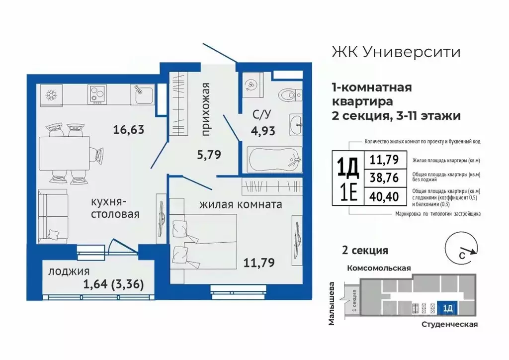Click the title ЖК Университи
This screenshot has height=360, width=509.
[395, 52]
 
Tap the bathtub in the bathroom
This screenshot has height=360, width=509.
[274, 159]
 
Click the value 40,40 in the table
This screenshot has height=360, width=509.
[383, 198]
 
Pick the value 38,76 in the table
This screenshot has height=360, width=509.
[383, 179]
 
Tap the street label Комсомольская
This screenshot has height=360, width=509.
[378, 268]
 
